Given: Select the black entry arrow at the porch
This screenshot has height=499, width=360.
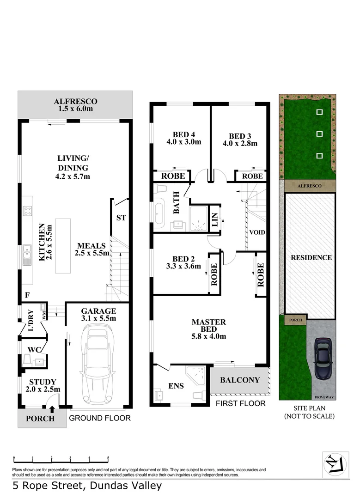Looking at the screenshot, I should [x=52, y=408].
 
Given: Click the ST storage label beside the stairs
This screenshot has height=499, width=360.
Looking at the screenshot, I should [x=121, y=218].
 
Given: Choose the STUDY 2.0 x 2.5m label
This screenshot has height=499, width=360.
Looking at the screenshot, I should [x=43, y=385].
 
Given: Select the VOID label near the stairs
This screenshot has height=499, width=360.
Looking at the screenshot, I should [x=257, y=232].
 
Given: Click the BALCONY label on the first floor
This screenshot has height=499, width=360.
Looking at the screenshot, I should [x=239, y=380].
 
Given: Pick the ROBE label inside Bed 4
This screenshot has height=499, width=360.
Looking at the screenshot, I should [x=173, y=176].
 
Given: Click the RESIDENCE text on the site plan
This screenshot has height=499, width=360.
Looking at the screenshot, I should [x=311, y=257].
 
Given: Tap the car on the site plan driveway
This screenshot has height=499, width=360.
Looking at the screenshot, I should [x=322, y=359].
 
